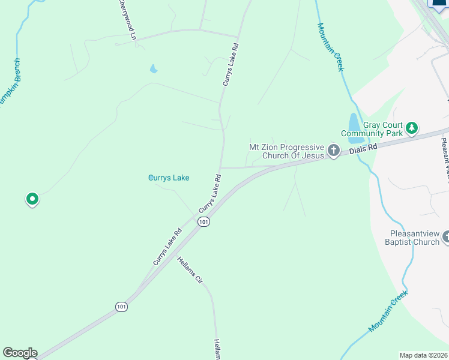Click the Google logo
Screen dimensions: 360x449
coord(20,353)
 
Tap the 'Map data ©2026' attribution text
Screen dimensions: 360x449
coord(423,355)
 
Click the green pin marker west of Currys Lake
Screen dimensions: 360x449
coord(32,199)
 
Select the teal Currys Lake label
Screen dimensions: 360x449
coord(169,178)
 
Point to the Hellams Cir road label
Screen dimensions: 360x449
coord(190,270)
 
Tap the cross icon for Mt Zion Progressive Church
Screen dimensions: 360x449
coord(334,151)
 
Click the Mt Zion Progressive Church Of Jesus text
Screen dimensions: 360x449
coord(287,151)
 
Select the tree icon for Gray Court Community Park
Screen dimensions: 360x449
coord(412,128)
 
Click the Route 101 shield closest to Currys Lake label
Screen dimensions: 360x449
coord(204,221)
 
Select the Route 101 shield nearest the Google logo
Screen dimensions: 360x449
coord(122,307)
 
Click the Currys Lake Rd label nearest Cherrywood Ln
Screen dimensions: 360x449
coord(231,64)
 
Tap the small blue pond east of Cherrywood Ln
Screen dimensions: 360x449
coord(154,69)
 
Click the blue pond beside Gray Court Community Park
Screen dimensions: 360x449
coord(354,122)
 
